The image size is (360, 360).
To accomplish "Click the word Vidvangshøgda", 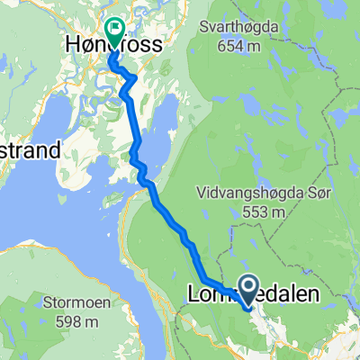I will point(243,192).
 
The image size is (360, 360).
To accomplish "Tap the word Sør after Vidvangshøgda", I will point(307,192).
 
